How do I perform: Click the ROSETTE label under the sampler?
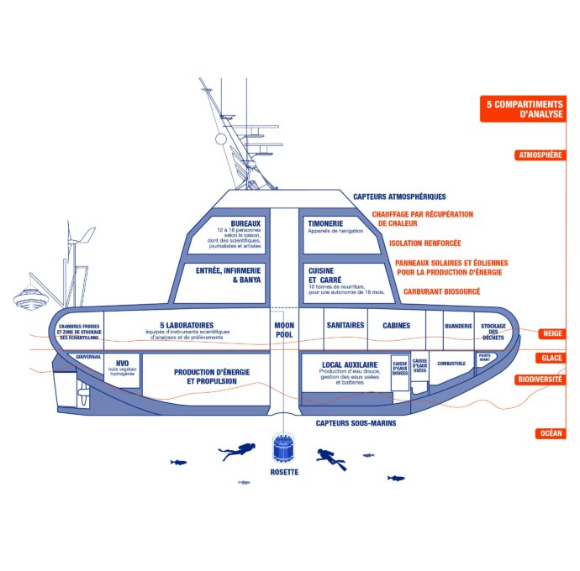284,472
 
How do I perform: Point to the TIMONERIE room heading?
326,223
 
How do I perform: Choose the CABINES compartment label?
396,325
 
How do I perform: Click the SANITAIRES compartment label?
345,325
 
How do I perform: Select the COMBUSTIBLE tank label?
451,364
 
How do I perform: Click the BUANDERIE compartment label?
458,325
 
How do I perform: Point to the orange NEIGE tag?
551,333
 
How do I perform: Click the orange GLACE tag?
551,358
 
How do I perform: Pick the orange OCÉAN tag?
551,433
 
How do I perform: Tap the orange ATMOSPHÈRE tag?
540,155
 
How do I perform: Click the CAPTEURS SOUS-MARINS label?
356,423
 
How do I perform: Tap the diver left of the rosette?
238,451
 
